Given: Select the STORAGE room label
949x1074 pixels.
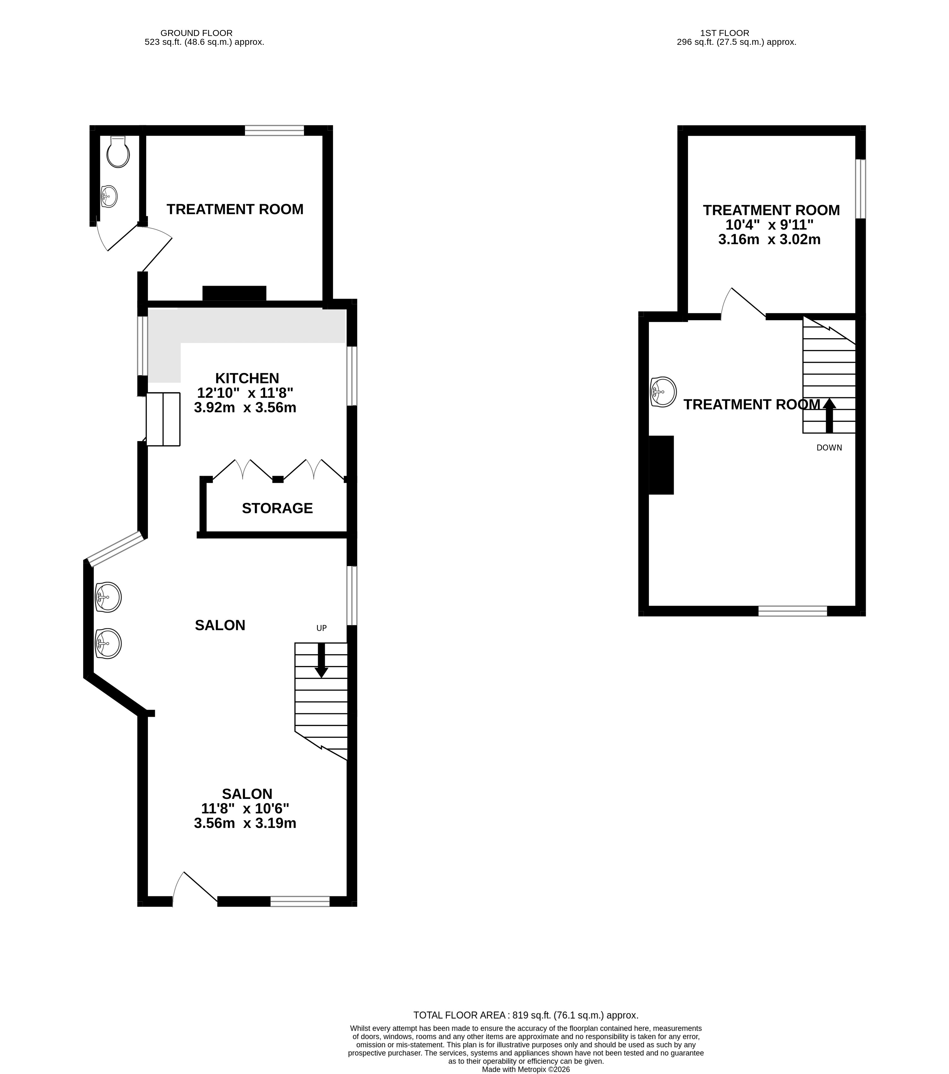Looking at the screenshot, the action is (277, 508).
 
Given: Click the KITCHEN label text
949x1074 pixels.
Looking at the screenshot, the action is (247, 378).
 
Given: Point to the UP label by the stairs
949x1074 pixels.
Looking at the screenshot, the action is (321, 628).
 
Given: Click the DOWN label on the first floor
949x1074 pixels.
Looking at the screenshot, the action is (829, 448).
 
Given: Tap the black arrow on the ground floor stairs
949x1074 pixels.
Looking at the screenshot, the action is (321, 660).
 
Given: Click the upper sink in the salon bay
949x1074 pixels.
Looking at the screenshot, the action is (108, 598).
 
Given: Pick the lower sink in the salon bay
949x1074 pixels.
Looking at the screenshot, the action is (108, 643).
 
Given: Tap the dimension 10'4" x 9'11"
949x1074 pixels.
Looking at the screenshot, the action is (769, 225).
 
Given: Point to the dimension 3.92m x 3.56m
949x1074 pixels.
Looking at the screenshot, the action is (245, 408).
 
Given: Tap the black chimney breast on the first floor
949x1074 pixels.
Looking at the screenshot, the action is (661, 465).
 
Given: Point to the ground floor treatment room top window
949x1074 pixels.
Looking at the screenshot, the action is (274, 130).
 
